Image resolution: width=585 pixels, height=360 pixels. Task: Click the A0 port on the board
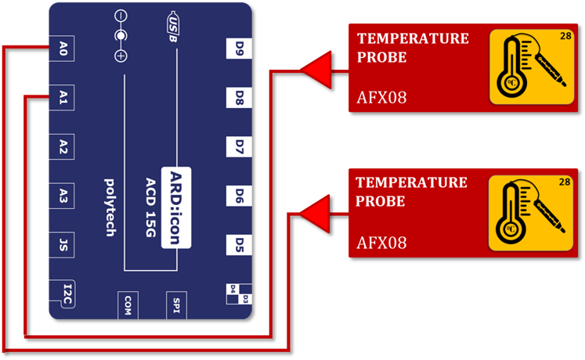pyautogui.click(x=63, y=49)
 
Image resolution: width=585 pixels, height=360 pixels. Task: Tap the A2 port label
pyautogui.click(x=63, y=146)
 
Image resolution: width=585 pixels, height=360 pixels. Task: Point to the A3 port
pyautogui.click(x=63, y=196)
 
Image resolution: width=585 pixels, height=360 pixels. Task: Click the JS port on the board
pyautogui.click(x=63, y=244)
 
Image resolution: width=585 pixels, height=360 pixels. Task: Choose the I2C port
pyautogui.click(x=66, y=293)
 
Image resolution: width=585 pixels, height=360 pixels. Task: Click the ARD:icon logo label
pyautogui.click(x=176, y=207)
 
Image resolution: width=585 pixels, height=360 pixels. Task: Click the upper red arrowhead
pyautogui.click(x=314, y=72)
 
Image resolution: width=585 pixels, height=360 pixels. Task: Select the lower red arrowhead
pyautogui.click(x=314, y=214)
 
